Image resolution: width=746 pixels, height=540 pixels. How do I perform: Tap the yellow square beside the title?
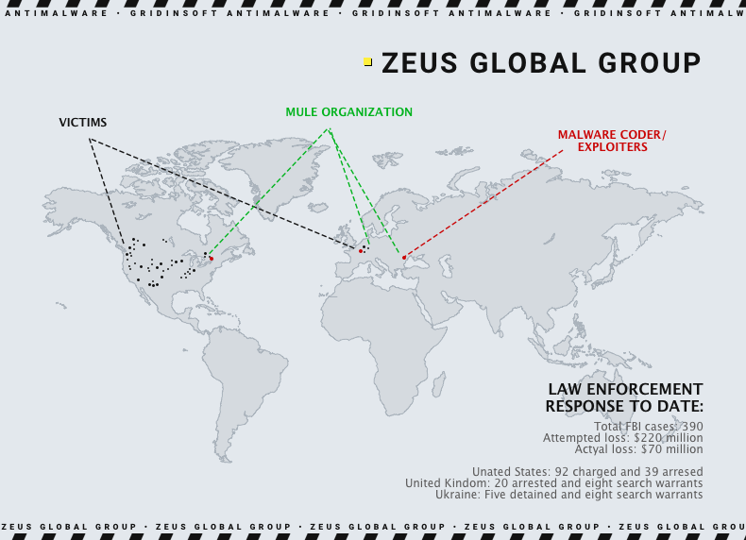coord(367,62)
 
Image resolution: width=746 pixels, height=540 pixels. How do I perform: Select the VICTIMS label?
coord(83,123)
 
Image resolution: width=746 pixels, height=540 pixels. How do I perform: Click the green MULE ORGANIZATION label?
coord(349,112)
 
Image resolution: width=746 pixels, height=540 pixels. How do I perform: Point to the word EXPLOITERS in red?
coord(612,147)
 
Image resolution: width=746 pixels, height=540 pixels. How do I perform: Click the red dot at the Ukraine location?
coord(404,257)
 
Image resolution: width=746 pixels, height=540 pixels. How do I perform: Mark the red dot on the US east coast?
coord(212,259)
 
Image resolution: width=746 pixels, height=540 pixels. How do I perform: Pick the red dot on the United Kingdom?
coord(361,251)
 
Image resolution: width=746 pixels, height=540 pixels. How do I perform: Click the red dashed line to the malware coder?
coord(482,203)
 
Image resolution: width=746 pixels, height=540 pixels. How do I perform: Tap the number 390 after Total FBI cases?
coord(692,427)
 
